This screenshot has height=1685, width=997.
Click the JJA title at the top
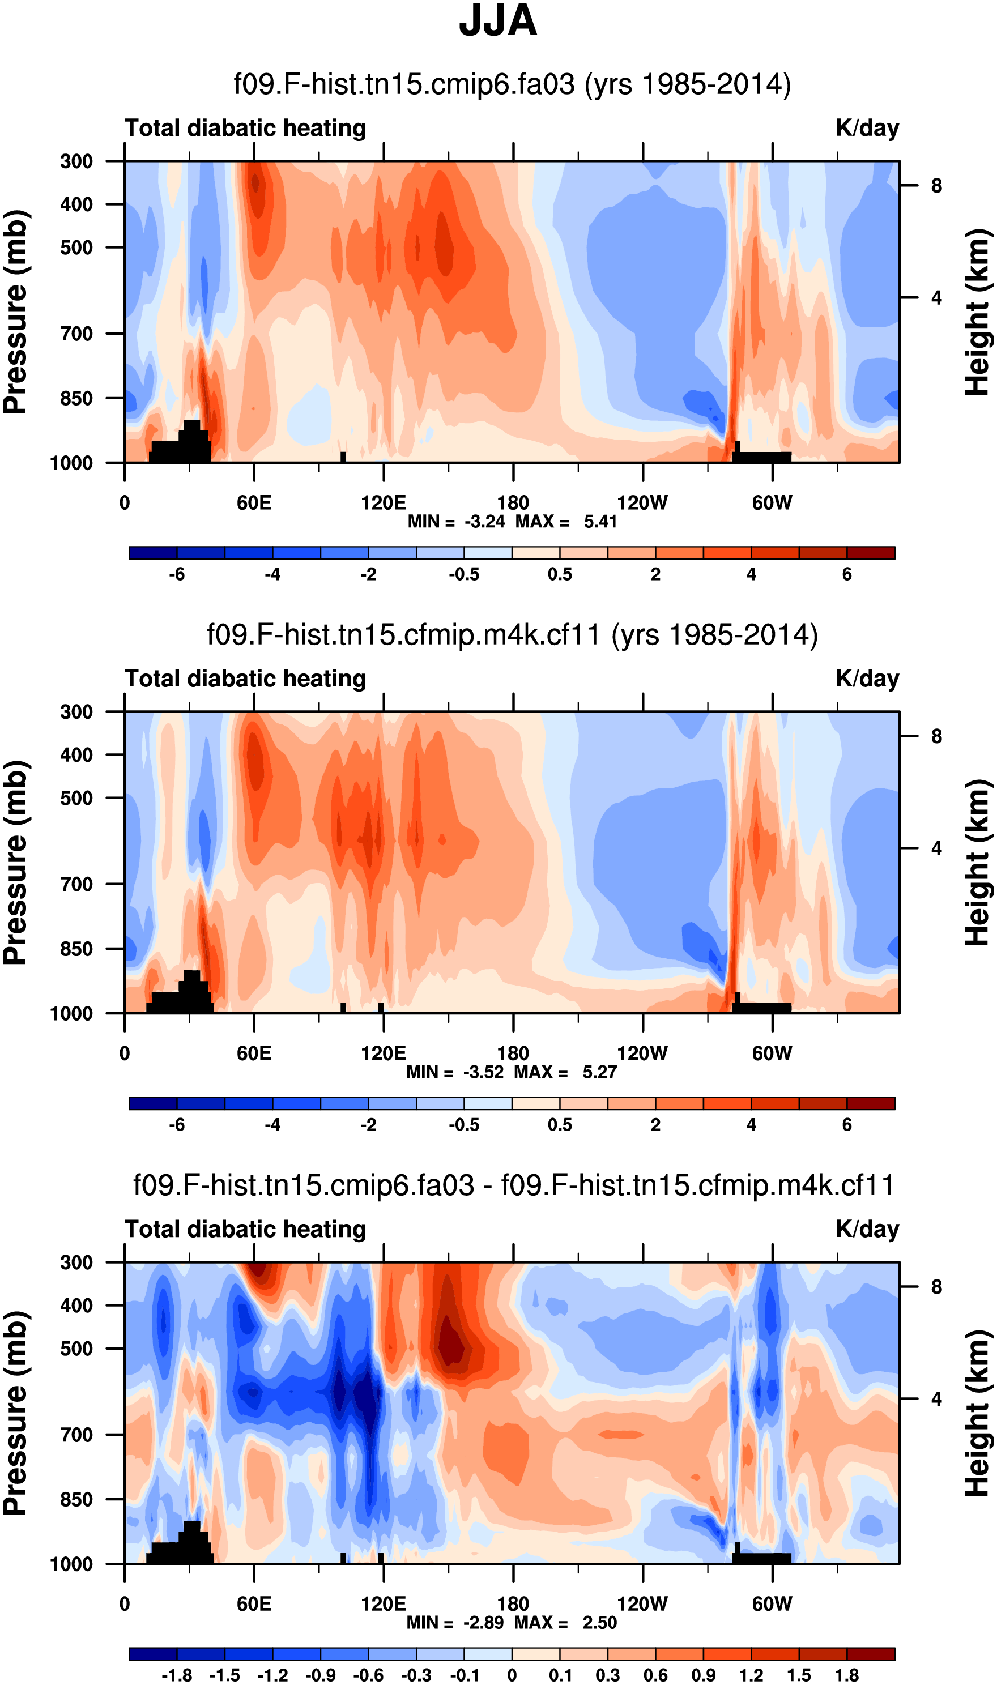(498, 22)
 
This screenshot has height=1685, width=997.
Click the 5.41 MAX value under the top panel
(600, 522)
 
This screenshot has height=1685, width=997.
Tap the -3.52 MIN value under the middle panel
(483, 1073)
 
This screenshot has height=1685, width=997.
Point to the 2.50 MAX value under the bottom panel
(599, 1623)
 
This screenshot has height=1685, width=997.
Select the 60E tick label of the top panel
(254, 503)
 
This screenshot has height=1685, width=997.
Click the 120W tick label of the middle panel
(642, 1053)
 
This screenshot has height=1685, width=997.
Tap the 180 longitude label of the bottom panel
(513, 1605)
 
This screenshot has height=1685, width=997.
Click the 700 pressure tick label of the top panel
(76, 333)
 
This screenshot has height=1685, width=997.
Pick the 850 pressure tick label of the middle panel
(76, 949)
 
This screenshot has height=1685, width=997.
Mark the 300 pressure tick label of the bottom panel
(76, 1262)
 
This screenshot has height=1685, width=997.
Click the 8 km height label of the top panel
(936, 186)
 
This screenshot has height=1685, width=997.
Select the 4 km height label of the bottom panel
(936, 1400)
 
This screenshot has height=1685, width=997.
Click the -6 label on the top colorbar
(177, 575)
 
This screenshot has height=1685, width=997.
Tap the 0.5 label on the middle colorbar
(560, 1125)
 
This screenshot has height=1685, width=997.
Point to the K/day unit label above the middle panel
(867, 679)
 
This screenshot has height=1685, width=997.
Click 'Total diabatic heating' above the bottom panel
(245, 1230)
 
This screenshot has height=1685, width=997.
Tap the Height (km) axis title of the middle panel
(978, 863)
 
